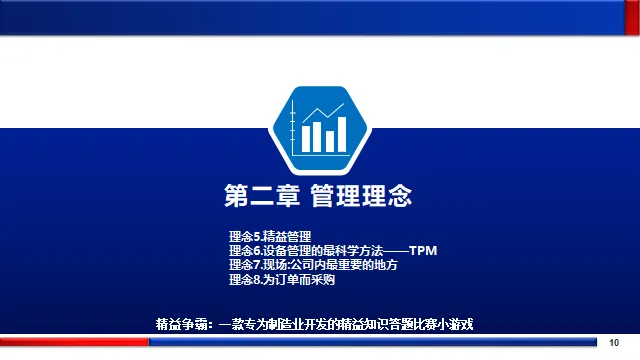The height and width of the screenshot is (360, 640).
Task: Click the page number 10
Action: [614, 343]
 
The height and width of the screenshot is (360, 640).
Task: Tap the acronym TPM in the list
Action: [423, 251]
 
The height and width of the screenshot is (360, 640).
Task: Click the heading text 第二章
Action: [262, 196]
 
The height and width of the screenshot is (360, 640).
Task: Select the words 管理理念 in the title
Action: [361, 196]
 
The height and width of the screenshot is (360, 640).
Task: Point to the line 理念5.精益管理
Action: [270, 237]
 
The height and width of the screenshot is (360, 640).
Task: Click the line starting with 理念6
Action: [333, 251]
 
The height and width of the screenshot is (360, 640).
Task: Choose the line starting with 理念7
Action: [313, 265]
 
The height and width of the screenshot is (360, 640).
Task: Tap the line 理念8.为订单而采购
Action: [282, 280]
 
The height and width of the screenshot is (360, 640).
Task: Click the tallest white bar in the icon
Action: [342, 134]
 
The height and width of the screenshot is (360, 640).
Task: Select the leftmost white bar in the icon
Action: [306, 139]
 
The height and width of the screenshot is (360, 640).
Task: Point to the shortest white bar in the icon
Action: [330, 141]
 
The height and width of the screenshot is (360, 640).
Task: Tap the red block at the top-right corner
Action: [632, 18]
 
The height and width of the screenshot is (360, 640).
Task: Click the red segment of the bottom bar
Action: [74, 342]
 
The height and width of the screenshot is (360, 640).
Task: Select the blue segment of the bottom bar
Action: [373, 342]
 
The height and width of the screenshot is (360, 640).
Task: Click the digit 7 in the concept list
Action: [257, 265]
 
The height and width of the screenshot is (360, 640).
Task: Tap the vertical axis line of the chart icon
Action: [293, 127]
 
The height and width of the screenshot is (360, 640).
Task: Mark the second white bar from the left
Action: [317, 137]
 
